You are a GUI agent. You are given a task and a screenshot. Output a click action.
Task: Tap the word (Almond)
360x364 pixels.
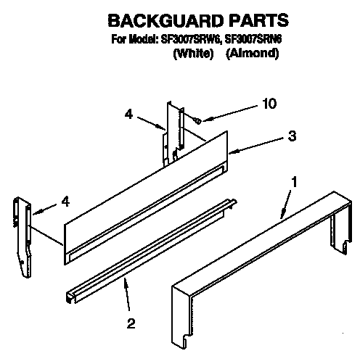251,54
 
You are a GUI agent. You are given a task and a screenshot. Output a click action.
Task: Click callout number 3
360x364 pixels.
292,135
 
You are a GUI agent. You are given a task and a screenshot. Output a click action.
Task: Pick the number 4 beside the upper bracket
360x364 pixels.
128,113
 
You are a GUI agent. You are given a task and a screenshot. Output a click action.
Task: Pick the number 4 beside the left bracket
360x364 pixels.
66,202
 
